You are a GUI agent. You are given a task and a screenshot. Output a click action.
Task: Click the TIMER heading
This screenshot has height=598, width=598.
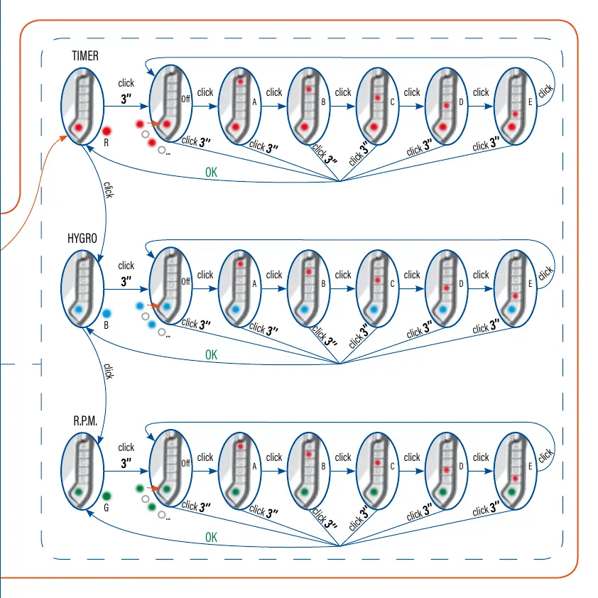pyautogui.click(x=85, y=55)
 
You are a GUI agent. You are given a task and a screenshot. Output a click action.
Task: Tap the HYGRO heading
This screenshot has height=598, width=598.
pyautogui.click(x=82, y=239)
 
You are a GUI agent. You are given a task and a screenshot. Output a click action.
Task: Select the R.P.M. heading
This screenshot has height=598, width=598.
pyautogui.click(x=85, y=421)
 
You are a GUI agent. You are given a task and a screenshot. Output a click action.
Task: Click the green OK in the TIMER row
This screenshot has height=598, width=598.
pyautogui.click(x=212, y=172)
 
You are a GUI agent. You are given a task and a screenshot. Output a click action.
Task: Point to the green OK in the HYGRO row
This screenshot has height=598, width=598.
pyautogui.click(x=212, y=354)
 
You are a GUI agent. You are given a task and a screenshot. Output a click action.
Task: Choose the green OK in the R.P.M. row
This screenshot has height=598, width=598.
pyautogui.click(x=212, y=538)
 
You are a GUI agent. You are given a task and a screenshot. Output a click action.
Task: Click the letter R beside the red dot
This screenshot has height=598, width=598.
pyautogui.click(x=106, y=143)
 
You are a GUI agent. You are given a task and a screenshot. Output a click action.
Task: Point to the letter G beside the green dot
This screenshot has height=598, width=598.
pyautogui.click(x=106, y=509)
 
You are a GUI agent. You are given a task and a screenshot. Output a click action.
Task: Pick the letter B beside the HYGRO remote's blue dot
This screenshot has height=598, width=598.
pyautogui.click(x=106, y=326)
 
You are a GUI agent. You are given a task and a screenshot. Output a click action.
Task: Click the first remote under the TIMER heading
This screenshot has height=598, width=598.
pyautogui.click(x=81, y=107)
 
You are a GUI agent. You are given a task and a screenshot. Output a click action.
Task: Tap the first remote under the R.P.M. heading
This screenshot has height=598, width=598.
pyautogui.click(x=81, y=472)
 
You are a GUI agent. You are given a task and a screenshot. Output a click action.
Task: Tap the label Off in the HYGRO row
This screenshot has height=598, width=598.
pyautogui.click(x=186, y=281)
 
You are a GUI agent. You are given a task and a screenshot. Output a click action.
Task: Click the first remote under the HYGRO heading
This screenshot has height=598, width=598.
pyautogui.click(x=81, y=290)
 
